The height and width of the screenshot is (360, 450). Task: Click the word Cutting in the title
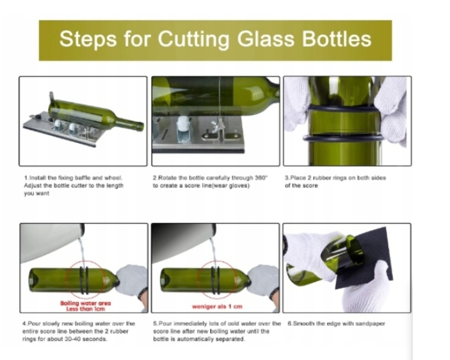[x=193, y=40]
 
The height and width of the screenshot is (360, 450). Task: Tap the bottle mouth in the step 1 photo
[x=141, y=126]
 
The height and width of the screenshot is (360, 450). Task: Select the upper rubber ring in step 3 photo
[x=343, y=108]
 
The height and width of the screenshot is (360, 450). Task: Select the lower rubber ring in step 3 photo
[x=342, y=138]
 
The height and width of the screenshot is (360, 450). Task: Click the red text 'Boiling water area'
[x=85, y=303]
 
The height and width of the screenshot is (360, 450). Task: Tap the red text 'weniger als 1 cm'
[x=217, y=307]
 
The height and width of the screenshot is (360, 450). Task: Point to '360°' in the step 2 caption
[x=261, y=178]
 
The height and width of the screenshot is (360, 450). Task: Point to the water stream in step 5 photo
[x=213, y=252]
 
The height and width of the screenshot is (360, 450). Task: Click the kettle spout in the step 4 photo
[x=82, y=230]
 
